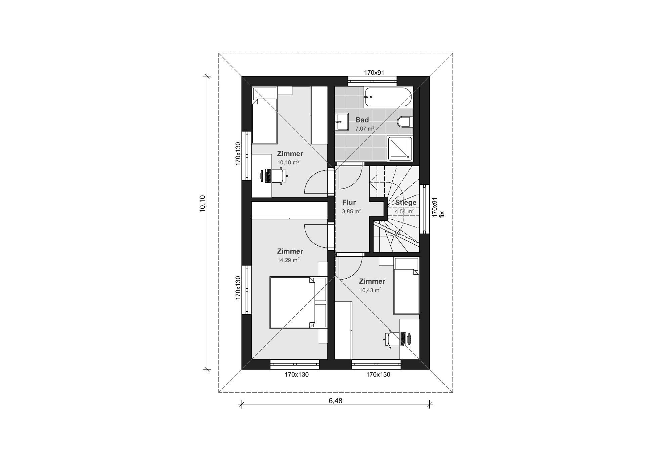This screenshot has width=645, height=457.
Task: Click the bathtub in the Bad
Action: (388, 97)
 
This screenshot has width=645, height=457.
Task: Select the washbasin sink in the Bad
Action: (342, 121)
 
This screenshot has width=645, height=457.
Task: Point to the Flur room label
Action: (349, 202)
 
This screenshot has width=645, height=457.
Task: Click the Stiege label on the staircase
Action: (405, 202)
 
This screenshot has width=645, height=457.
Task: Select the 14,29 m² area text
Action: (288, 260)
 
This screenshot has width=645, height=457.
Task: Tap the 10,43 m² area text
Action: (370, 290)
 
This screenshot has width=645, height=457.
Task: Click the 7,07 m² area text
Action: (364, 128)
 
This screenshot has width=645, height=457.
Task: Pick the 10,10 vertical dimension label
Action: (202, 204)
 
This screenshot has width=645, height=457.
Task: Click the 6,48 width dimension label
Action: (336, 400)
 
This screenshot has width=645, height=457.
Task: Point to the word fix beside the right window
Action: (442, 214)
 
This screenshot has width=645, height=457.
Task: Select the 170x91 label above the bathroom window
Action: (374, 72)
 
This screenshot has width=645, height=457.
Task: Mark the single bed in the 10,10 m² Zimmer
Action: (265, 115)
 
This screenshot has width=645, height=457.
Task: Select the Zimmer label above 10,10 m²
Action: (290, 153)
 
